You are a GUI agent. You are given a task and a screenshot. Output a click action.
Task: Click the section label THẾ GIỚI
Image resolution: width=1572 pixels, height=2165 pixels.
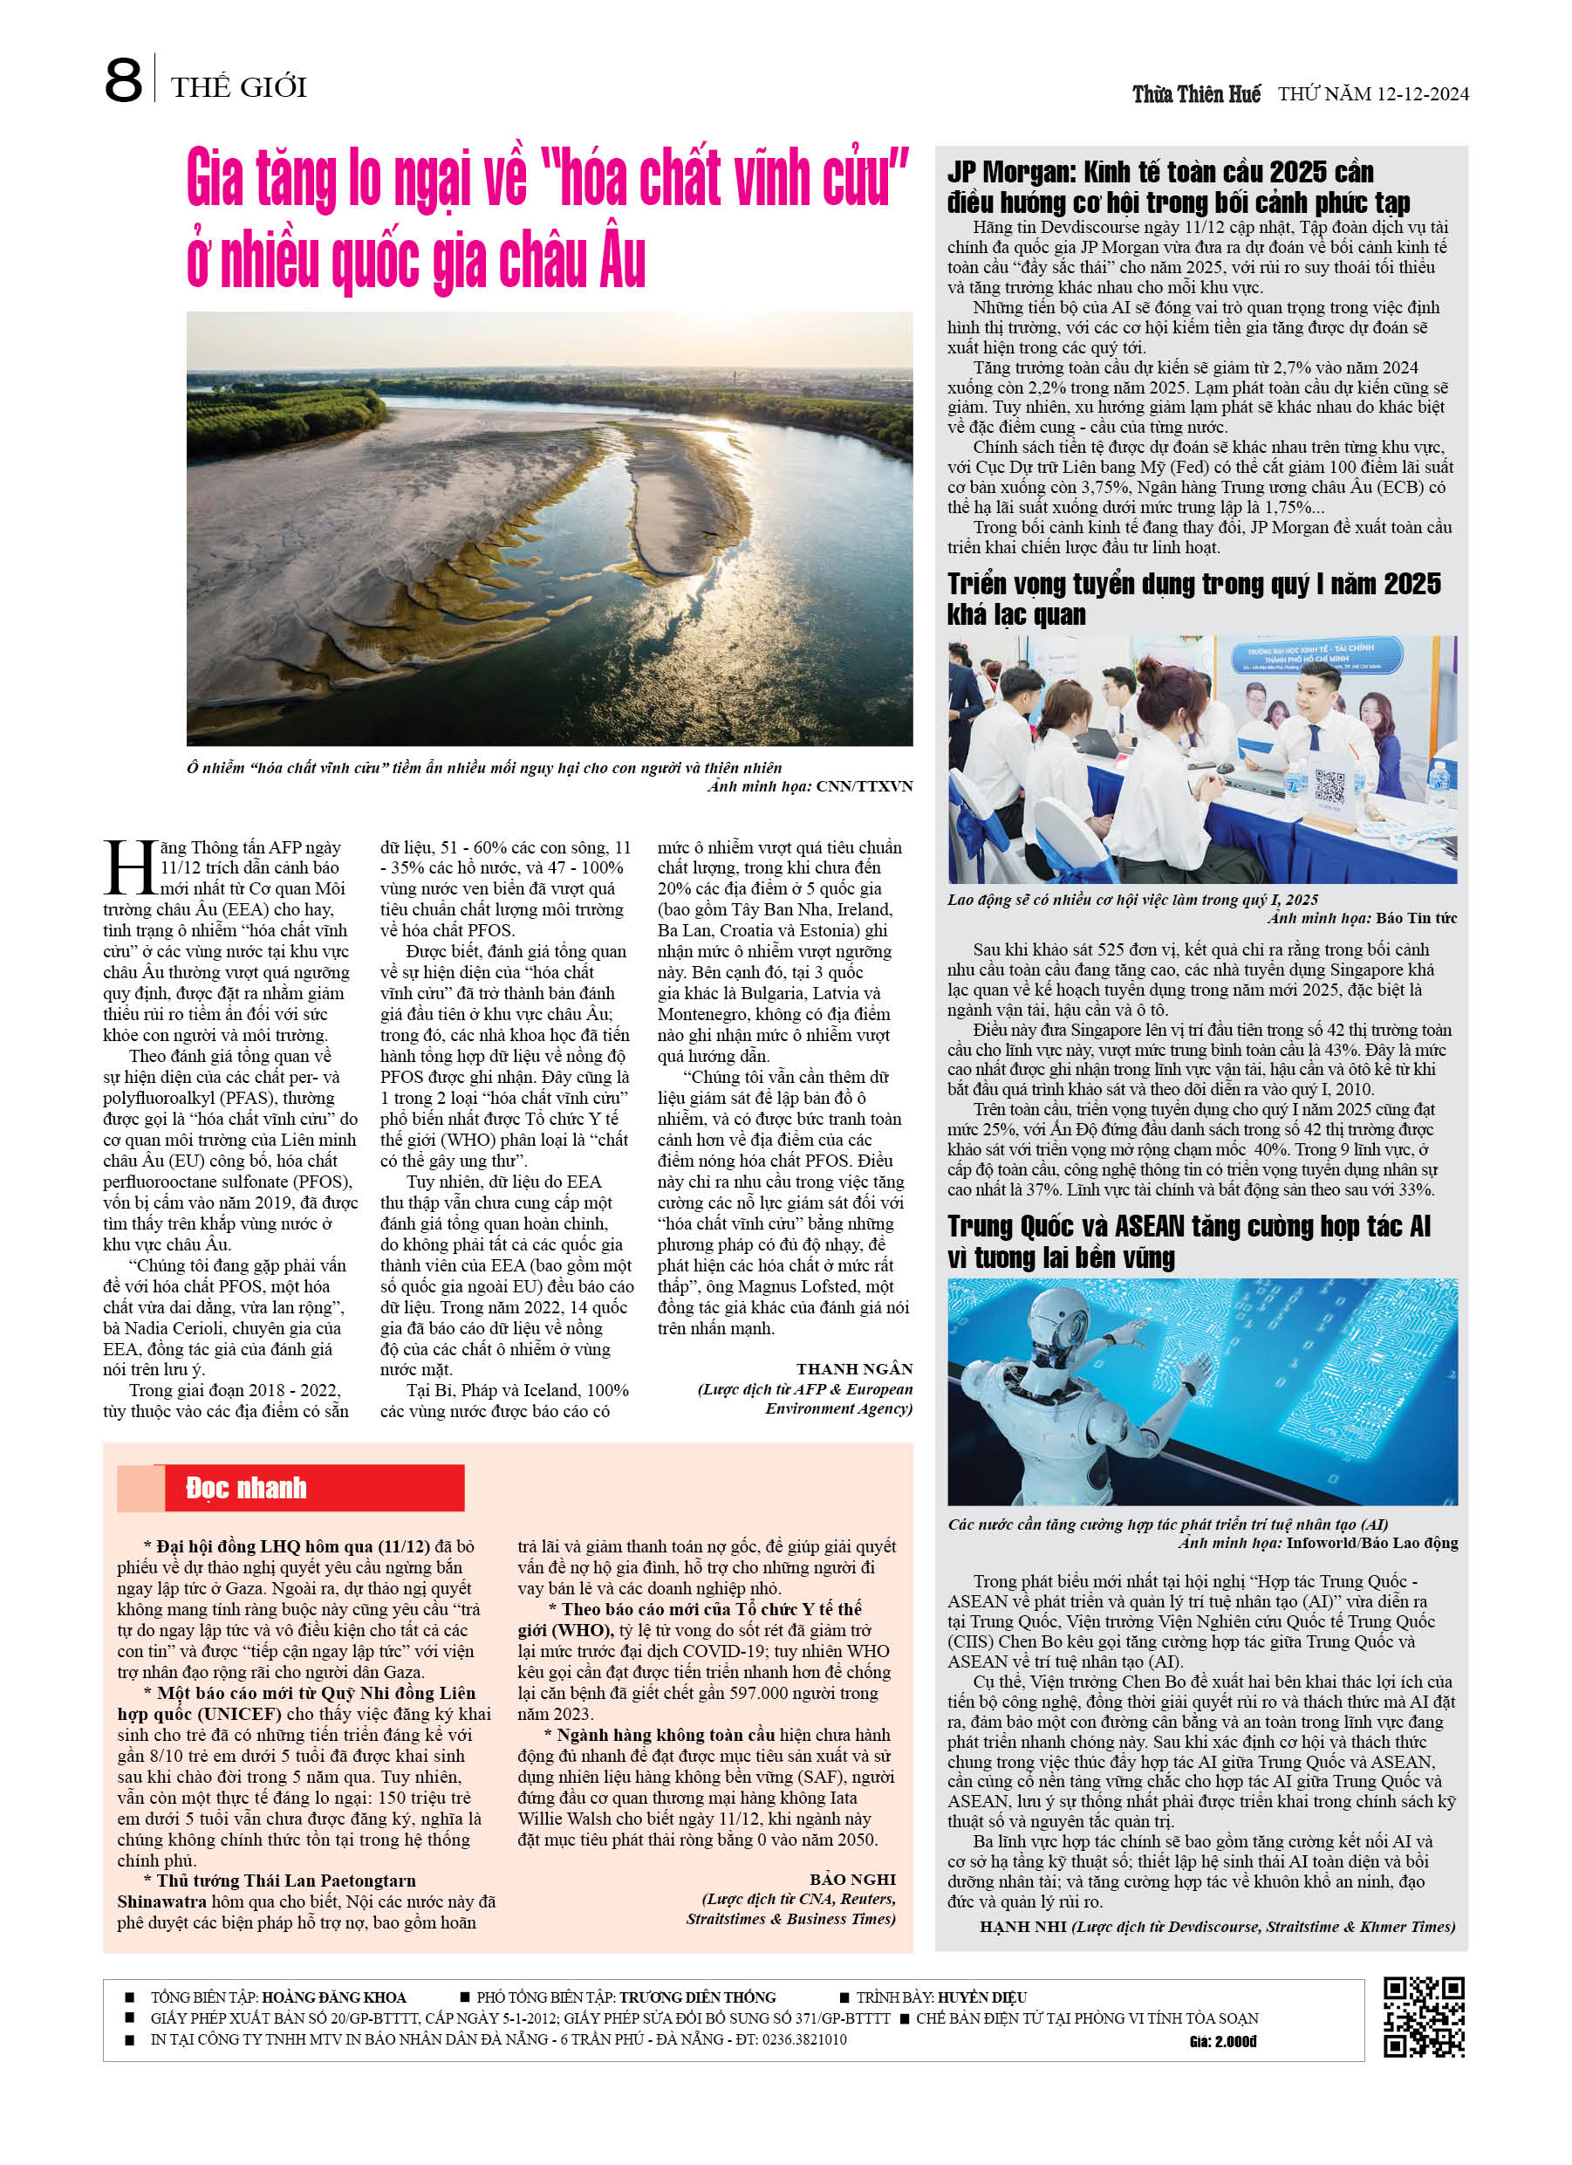[239, 88]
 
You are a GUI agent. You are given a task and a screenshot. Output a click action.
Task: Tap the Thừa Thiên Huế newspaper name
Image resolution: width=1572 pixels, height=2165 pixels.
[1196, 93]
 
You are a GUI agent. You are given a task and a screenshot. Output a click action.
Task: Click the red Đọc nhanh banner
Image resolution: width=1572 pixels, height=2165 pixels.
[291, 1487]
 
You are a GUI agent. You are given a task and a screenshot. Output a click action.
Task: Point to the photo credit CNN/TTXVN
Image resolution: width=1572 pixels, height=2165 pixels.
[865, 786]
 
